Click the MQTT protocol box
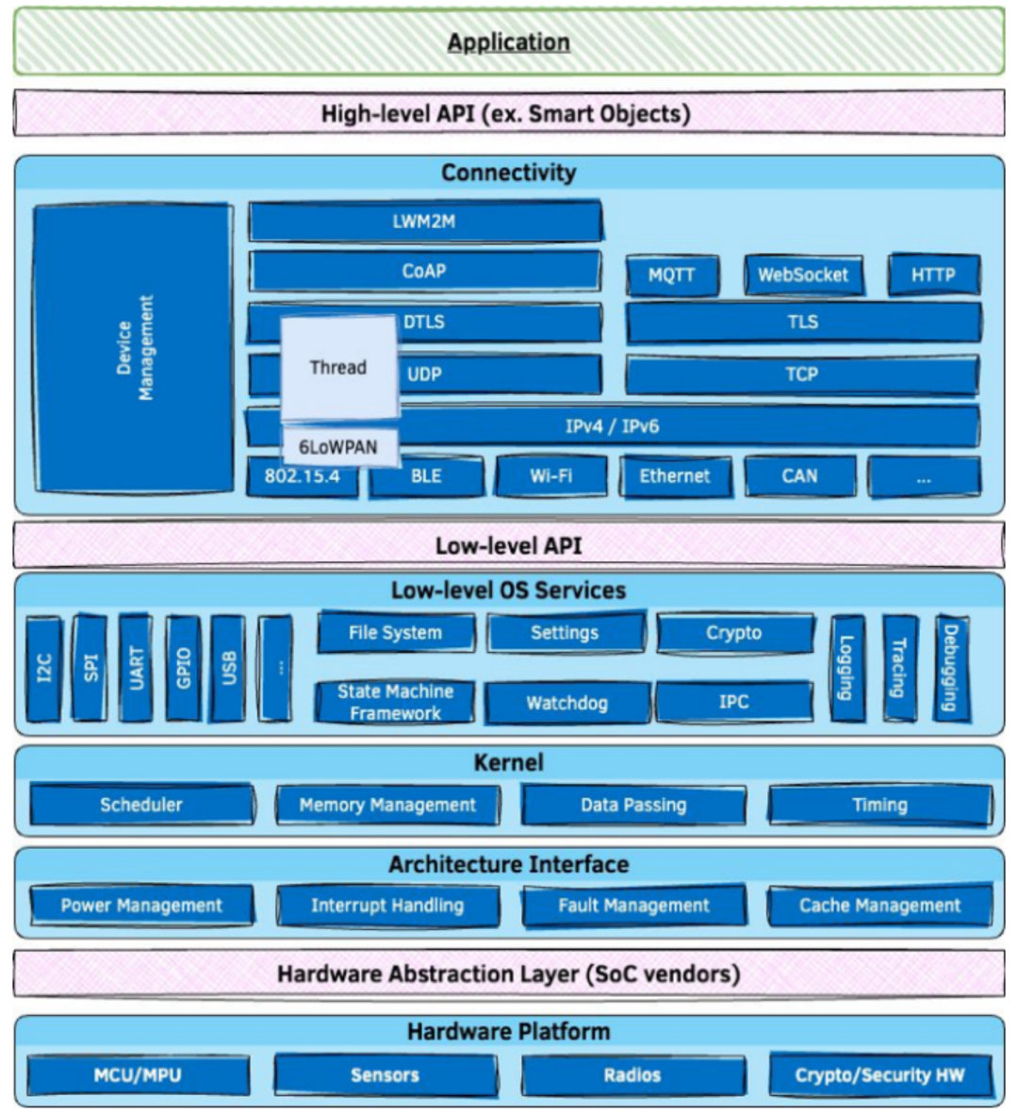pos(672,274)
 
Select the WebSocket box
pos(804,274)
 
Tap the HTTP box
pos(933,274)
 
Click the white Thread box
pos(338,367)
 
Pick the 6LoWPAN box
pos(338,447)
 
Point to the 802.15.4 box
pos(303,476)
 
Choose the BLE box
pos(427,476)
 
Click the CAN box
pos(800,476)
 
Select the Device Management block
pos(134,347)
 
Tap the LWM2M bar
pos(425,221)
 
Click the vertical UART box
pos(136,668)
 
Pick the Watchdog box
pos(567,703)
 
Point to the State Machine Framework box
pos(395,702)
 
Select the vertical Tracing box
pos(899,668)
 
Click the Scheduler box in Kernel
pos(142,805)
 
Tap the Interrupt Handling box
pos(387,906)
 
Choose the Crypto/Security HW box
pos(880,1075)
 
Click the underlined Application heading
pos(508,42)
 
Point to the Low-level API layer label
pos(508,545)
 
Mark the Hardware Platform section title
pos(508,1032)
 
